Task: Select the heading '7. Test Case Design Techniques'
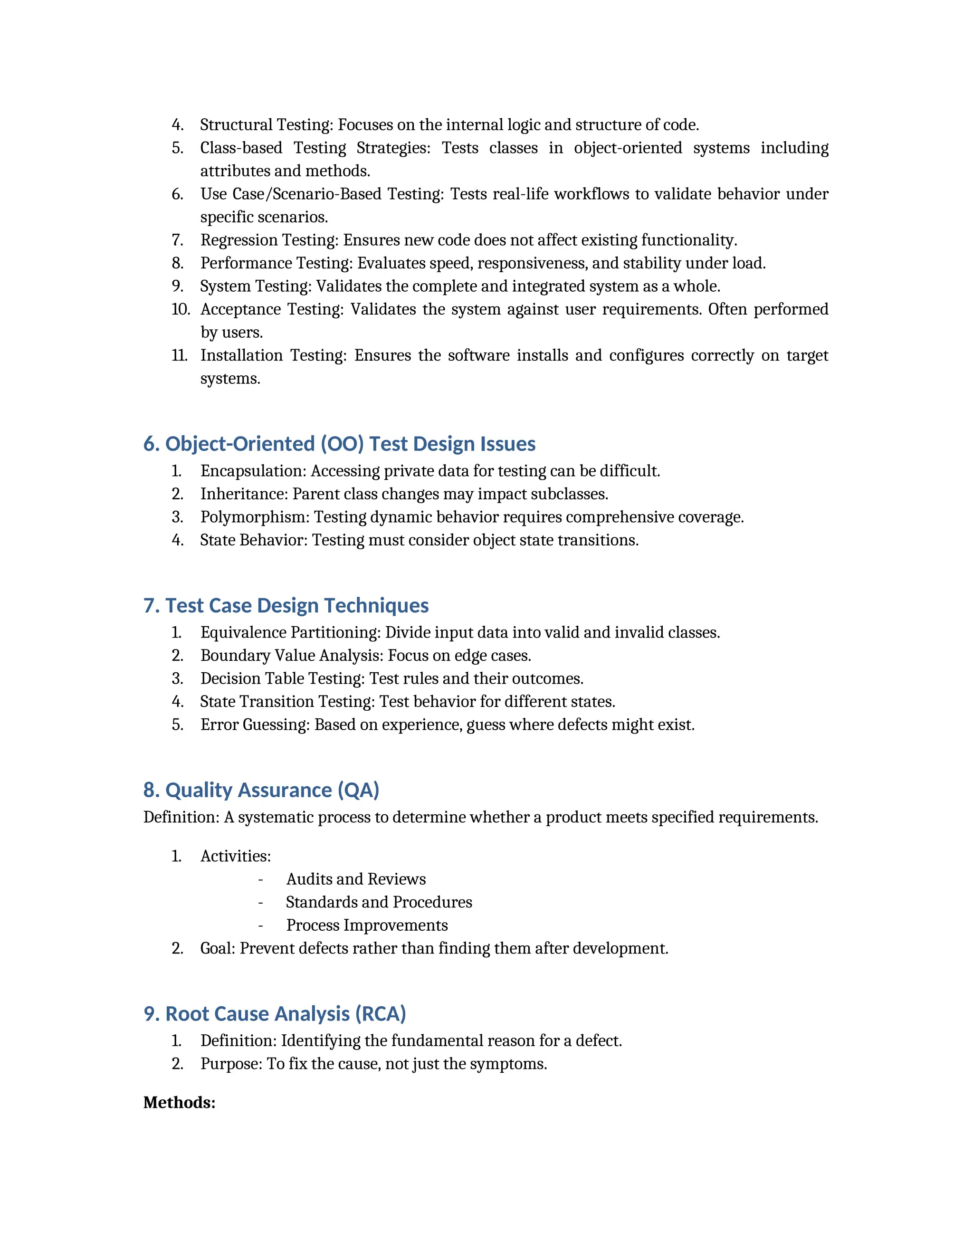click(286, 605)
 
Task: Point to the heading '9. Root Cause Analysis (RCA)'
click(275, 1013)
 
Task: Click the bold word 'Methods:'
click(179, 1102)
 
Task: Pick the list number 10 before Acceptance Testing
click(181, 310)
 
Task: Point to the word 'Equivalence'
click(243, 632)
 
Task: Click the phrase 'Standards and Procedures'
click(379, 902)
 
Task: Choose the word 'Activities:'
click(235, 856)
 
